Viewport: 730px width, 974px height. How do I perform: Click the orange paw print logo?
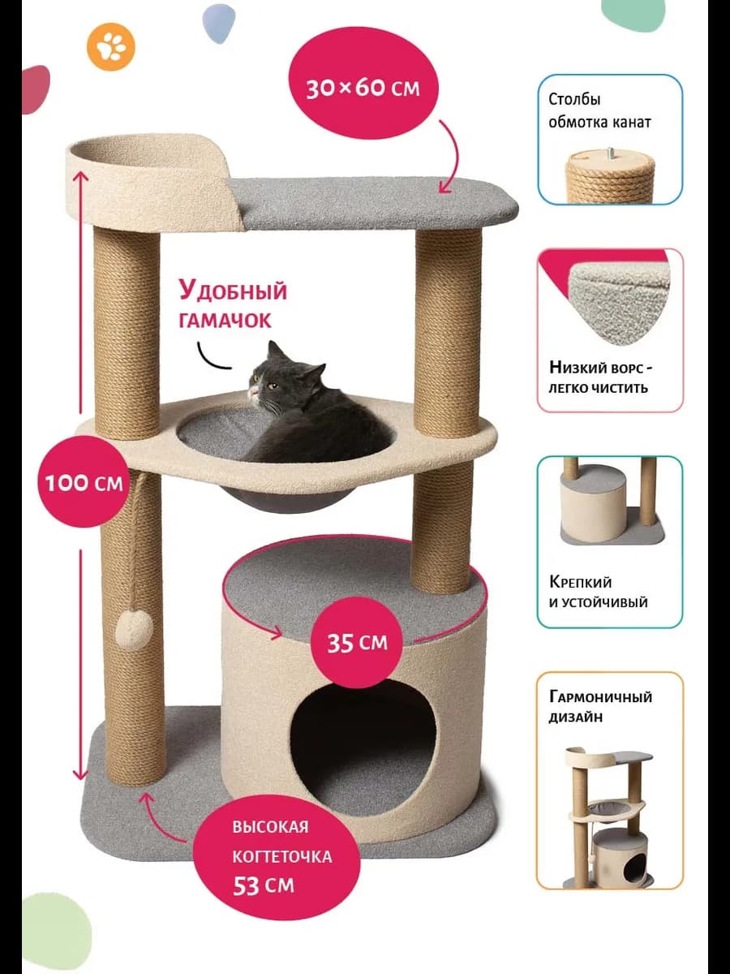(x=111, y=48)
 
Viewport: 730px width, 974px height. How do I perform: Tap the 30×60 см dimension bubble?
(x=363, y=87)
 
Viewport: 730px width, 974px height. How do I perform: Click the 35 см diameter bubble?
(x=358, y=643)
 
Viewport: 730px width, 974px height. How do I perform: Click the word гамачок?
(x=226, y=321)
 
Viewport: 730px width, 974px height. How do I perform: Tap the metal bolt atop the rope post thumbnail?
(x=609, y=152)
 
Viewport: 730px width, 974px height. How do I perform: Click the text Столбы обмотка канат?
(x=599, y=111)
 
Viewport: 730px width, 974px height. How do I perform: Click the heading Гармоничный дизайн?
(x=600, y=707)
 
